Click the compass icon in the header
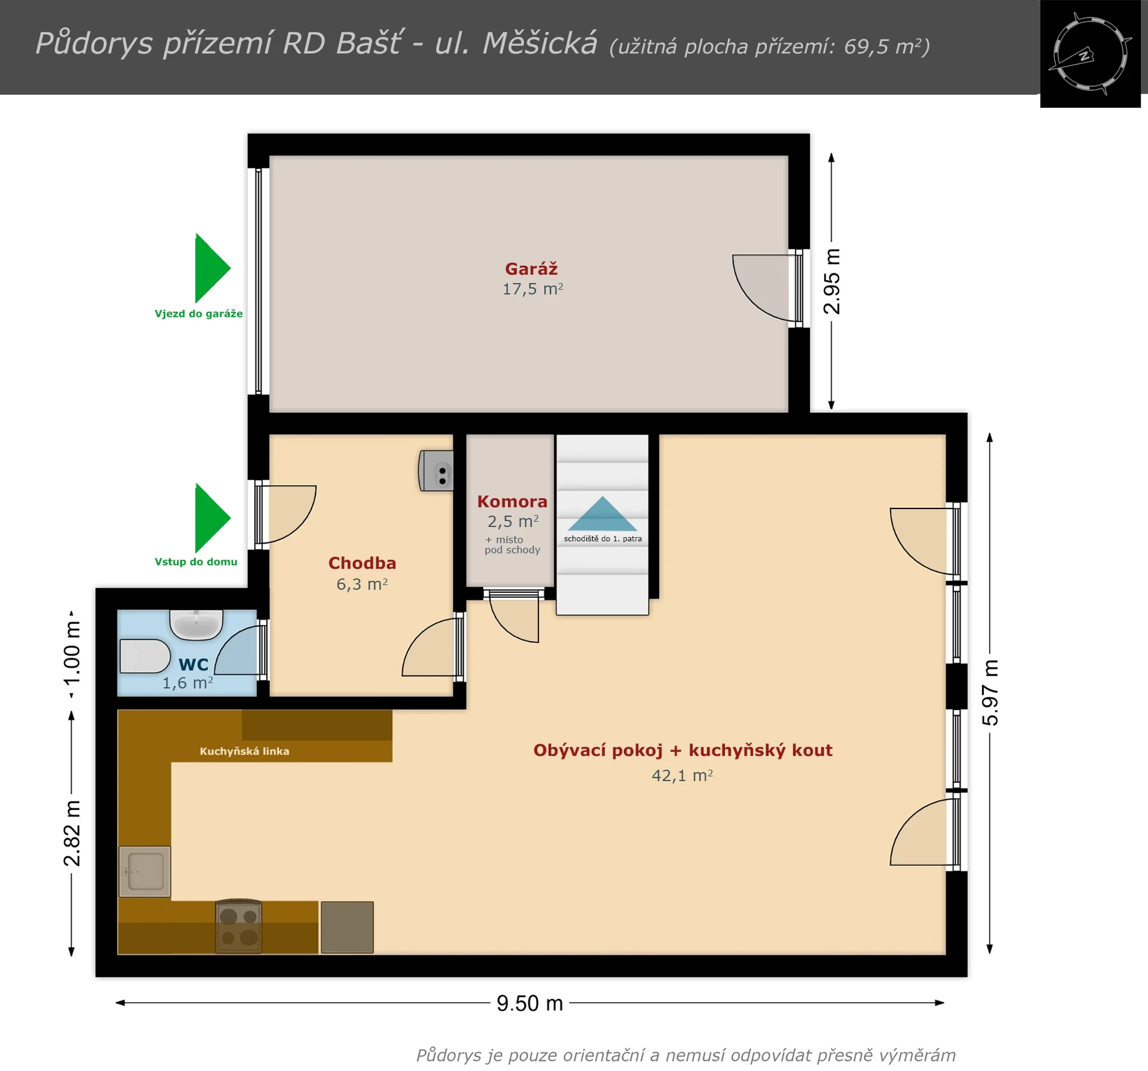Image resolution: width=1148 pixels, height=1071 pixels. coord(1089,54)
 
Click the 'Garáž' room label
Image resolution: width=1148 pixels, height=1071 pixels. coord(532,269)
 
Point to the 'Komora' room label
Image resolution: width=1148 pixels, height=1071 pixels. coord(512,502)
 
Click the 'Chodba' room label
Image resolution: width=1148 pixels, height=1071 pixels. coord(362,563)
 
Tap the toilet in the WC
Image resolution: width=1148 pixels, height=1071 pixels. coord(145,656)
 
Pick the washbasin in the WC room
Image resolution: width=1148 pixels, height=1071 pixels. coord(196,624)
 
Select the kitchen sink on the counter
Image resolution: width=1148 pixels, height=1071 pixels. coord(145,871)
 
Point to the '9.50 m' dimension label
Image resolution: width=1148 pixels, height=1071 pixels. coord(530,1003)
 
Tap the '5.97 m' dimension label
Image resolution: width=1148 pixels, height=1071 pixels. coord(990,692)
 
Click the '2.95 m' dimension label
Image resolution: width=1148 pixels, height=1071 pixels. coord(832,281)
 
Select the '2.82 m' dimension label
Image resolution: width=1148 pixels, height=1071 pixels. coord(72,833)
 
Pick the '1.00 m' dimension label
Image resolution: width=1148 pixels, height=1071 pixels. coord(72,653)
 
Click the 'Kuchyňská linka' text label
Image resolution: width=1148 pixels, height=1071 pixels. coord(245,751)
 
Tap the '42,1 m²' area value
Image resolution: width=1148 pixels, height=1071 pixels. coord(682,775)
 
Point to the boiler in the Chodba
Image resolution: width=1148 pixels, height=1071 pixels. coord(436,471)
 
